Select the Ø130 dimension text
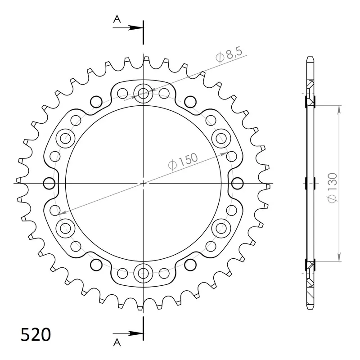[333, 188]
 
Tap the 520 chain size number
[36, 334]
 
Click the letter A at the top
[117, 19]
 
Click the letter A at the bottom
[117, 342]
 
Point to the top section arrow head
[135, 28]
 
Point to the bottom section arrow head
[135, 333]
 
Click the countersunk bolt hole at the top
[143, 93]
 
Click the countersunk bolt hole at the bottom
[143, 273]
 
